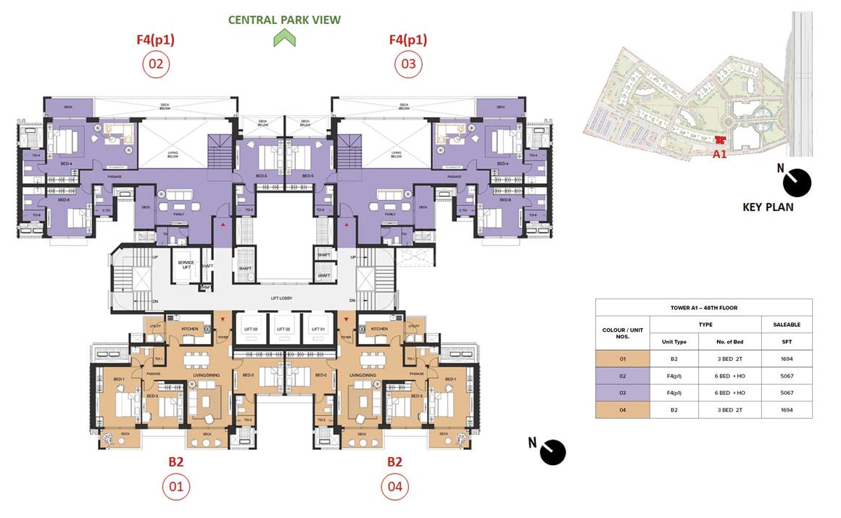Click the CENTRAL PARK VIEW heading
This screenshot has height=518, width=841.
[284, 20]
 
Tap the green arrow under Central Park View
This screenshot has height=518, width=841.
[284, 39]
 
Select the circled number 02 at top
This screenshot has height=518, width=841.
[156, 64]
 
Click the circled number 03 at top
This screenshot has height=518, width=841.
[408, 64]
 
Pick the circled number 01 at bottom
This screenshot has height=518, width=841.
[176, 486]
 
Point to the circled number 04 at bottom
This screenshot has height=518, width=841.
[394, 486]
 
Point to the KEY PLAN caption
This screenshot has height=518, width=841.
[768, 207]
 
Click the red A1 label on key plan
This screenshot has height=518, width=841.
[719, 154]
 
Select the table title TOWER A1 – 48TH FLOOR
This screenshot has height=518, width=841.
[703, 307]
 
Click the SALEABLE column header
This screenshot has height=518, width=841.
[787, 325]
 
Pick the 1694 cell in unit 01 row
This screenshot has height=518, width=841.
[787, 359]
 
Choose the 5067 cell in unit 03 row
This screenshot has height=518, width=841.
[787, 393]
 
